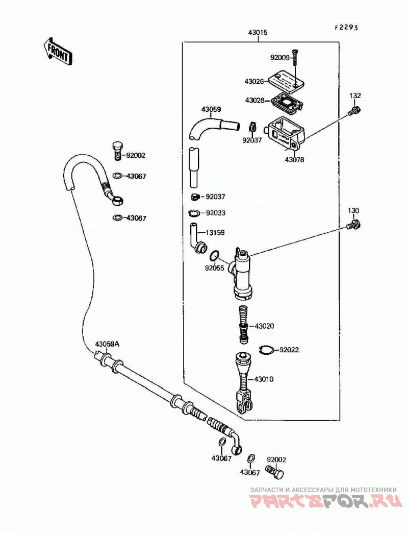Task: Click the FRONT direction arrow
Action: pos(58,52)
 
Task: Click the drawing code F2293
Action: pos(346,28)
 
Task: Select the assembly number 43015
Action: pos(258,33)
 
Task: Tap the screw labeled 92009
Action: pos(295,58)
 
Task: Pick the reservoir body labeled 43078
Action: pos(286,133)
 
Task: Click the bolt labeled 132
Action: pos(354,110)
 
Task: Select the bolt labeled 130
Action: pos(354,225)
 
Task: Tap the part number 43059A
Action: pos(107,344)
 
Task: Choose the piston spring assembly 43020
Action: pos(244,324)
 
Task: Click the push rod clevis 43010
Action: pos(244,382)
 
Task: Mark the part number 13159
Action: pos(214,233)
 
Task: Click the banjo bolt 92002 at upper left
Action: pos(117,150)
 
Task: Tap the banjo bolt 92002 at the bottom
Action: pos(276,472)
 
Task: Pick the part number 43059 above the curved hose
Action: pos(211,109)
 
